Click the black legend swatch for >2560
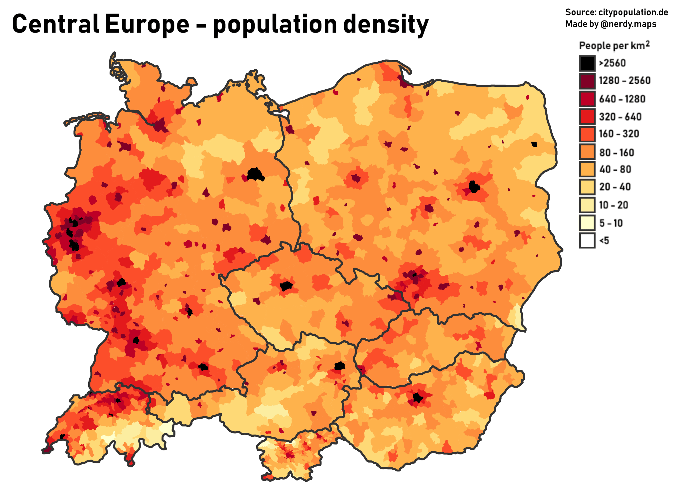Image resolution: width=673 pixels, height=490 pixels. pyautogui.click(x=587, y=63)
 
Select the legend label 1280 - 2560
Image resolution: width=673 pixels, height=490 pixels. pyautogui.click(x=624, y=81)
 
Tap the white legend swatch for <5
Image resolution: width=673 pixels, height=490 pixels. pyautogui.click(x=587, y=240)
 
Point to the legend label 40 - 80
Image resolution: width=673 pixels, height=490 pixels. pyautogui.click(x=615, y=169)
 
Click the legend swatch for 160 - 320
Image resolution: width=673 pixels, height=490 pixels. pyautogui.click(x=587, y=134)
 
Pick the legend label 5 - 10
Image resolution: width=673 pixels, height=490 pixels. pyautogui.click(x=611, y=223)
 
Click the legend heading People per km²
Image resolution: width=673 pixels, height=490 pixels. pyautogui.click(x=614, y=46)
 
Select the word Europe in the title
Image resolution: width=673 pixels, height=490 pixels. pyautogui.click(x=147, y=24)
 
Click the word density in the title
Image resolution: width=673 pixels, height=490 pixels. pyautogui.click(x=386, y=24)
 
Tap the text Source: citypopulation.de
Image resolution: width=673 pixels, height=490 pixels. pyautogui.click(x=616, y=12)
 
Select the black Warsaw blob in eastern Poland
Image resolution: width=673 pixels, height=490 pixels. pyautogui.click(x=474, y=187)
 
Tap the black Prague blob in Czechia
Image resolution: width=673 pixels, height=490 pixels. pyautogui.click(x=286, y=286)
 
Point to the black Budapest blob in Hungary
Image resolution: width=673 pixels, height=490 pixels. pyautogui.click(x=418, y=398)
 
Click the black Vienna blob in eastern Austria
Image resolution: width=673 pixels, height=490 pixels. pyautogui.click(x=339, y=366)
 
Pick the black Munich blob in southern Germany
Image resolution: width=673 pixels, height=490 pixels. pyautogui.click(x=203, y=367)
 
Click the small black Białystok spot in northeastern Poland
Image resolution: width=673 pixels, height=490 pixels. pyautogui.click(x=534, y=145)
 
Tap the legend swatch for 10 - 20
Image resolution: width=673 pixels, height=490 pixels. pyautogui.click(x=587, y=205)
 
